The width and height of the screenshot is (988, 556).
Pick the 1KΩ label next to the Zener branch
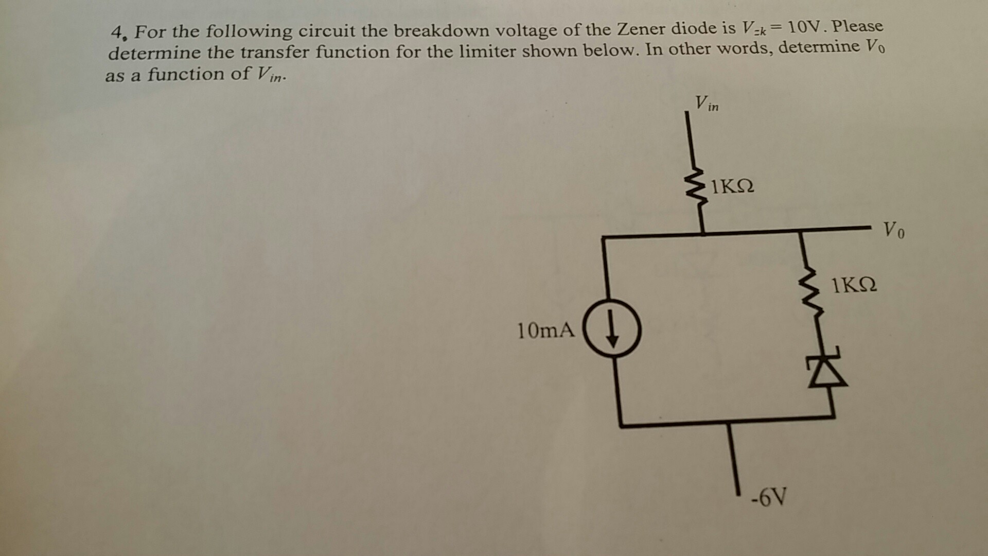[854, 285]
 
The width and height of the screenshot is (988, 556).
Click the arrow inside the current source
[612, 329]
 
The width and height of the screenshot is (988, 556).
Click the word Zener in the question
[642, 29]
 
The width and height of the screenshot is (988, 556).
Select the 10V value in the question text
[806, 26]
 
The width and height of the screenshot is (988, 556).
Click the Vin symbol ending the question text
[269, 74]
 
